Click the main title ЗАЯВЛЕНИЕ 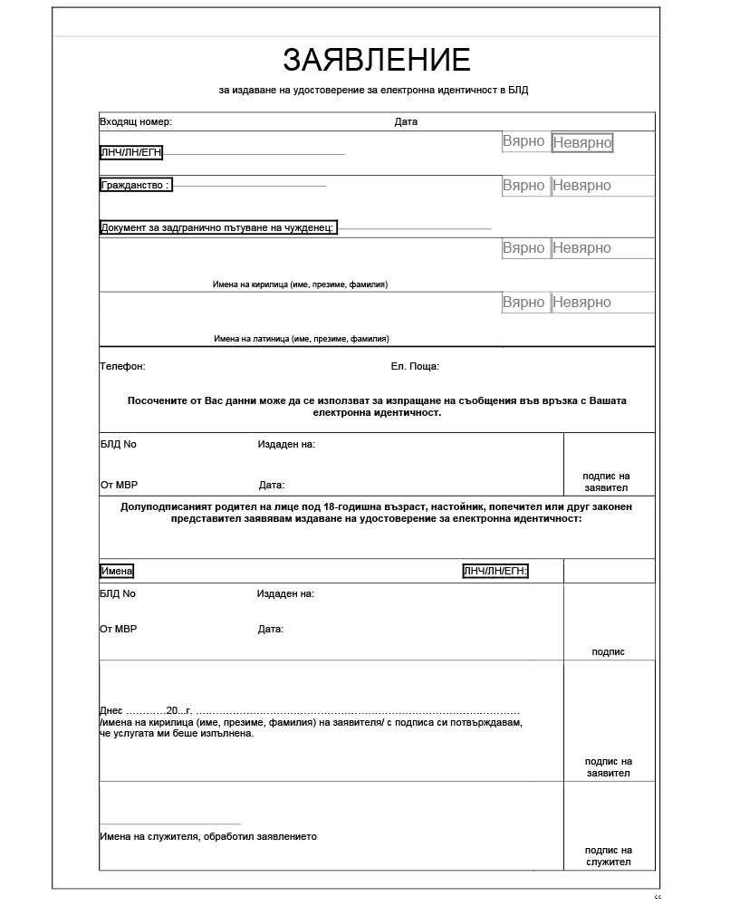pos(377,60)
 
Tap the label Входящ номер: pos(136,121)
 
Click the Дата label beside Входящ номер pos(406,121)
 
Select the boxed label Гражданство pos(135,185)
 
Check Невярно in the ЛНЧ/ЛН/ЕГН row pos(582,143)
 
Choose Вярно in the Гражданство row pos(523,186)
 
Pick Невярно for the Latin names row pos(582,303)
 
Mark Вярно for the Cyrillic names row pos(523,248)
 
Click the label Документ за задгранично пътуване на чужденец pos(218,227)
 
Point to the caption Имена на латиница pos(302,339)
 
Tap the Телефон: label pos(122,367)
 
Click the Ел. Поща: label pos(415,367)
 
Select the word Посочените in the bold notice pos(159,400)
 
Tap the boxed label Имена pos(117,571)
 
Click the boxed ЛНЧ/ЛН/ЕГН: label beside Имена pos(495,571)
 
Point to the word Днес pos(110,710)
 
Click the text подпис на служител pos(609,856)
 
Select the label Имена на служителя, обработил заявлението pos(208,836)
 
